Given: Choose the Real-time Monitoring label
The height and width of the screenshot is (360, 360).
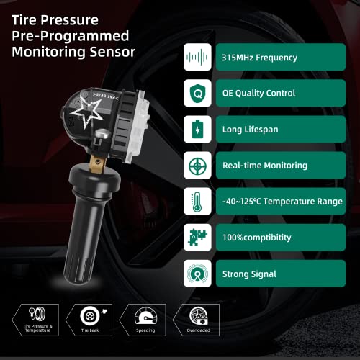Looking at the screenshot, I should coord(266,165).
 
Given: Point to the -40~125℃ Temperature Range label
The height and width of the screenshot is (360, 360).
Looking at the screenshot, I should coord(283,201).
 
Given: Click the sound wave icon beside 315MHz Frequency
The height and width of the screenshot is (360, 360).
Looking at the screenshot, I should coord(197,57).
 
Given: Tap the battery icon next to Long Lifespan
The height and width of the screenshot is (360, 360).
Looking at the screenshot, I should coord(197,129).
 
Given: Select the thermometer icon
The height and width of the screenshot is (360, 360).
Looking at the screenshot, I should coord(197,201).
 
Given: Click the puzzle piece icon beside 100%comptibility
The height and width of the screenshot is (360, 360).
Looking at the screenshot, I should coord(197,237).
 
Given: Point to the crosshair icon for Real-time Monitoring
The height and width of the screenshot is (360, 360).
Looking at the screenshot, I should coord(197,165).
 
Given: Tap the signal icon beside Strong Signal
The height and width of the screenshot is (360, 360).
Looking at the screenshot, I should coord(197,273).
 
